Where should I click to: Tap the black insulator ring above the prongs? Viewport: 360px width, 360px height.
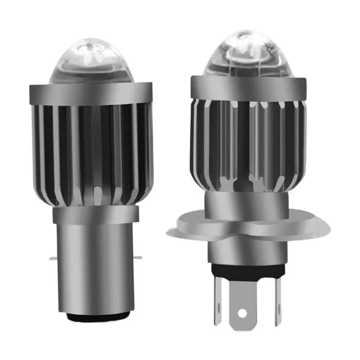click(247, 270)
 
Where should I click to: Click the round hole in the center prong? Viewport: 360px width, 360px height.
click(243, 312)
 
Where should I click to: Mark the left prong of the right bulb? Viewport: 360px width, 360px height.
click(218, 299)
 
